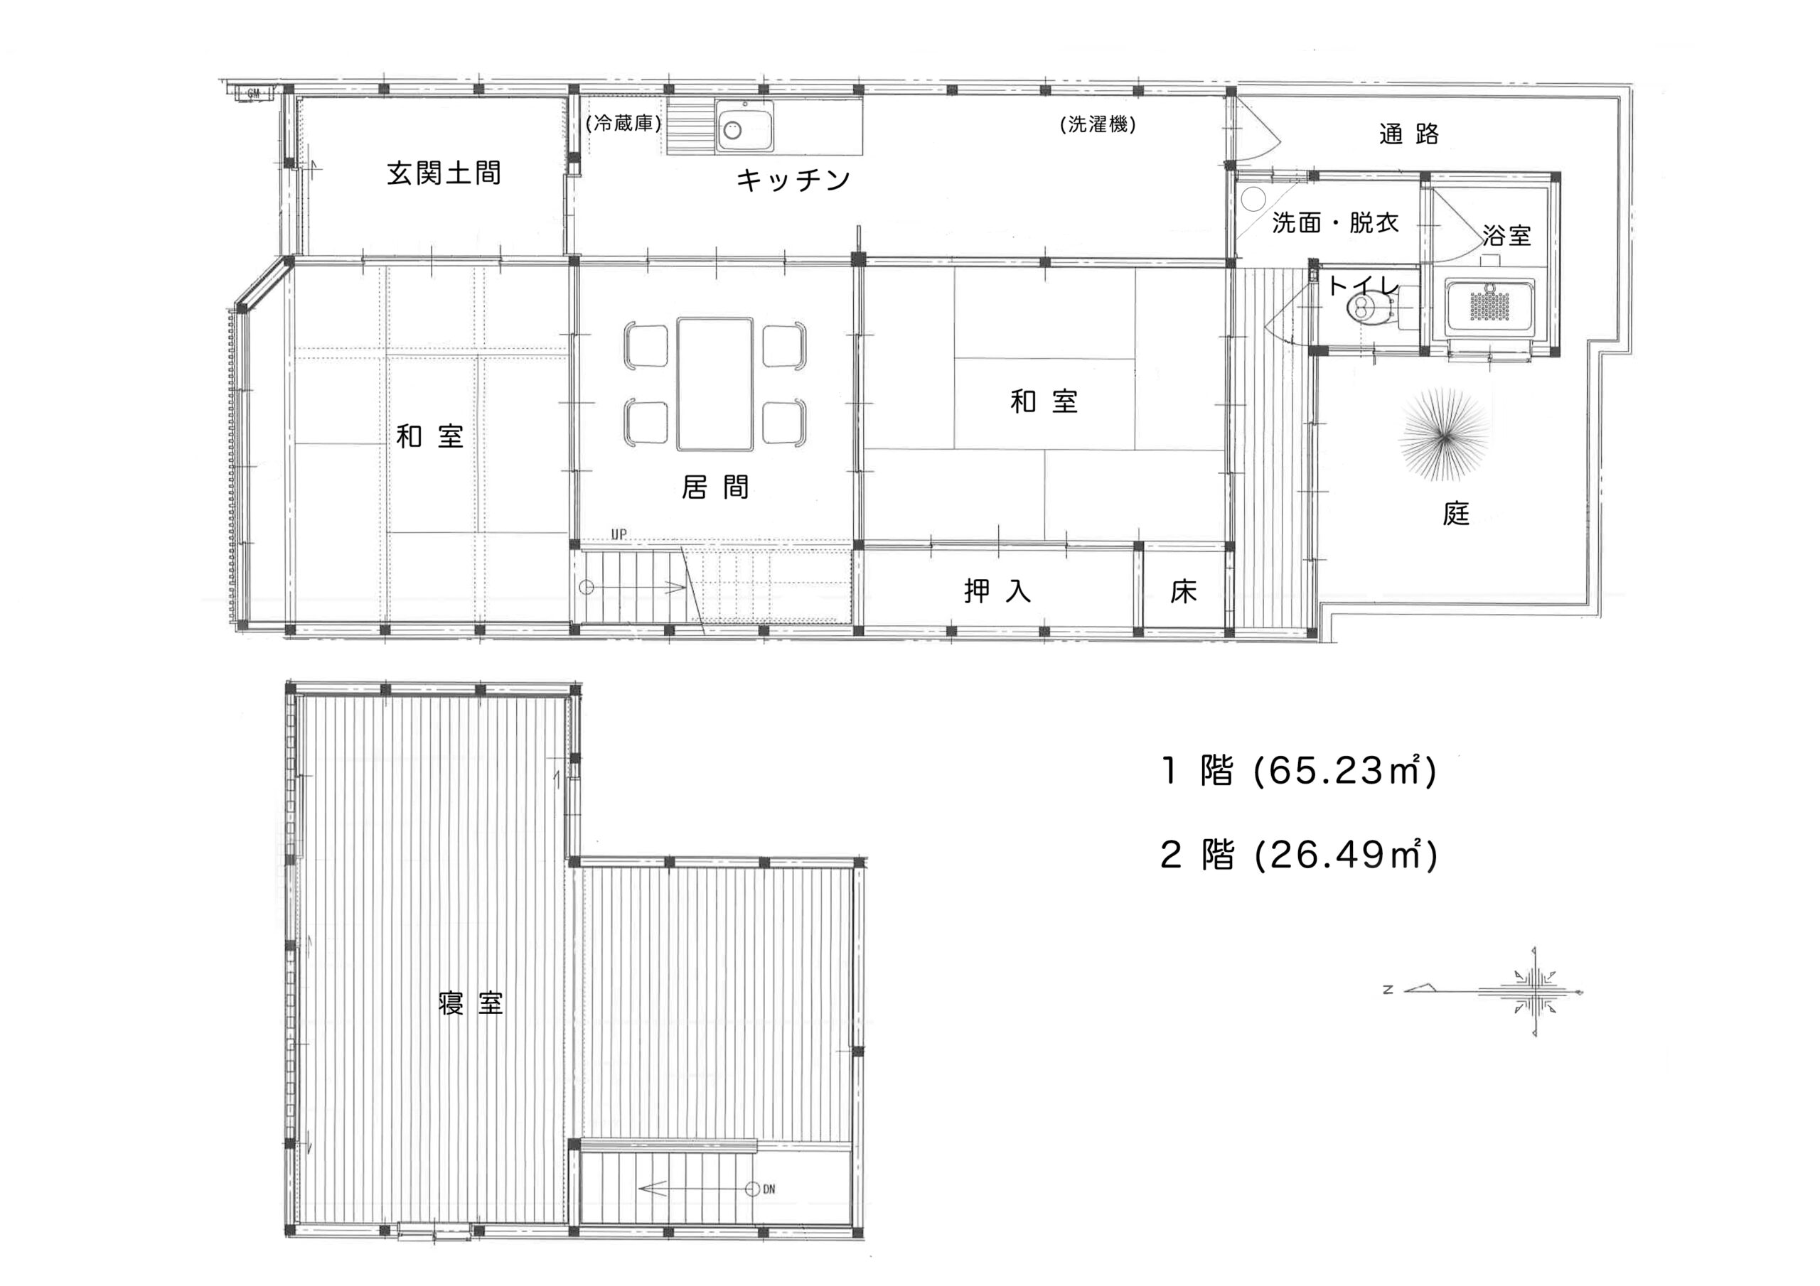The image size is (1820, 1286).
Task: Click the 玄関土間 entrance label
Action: (444, 173)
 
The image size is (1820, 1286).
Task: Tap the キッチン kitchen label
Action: (793, 180)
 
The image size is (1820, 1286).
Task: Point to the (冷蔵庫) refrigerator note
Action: (623, 124)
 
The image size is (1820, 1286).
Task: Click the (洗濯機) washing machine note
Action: (1098, 124)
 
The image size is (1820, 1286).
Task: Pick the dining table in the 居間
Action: (714, 384)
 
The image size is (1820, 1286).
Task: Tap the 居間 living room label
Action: (715, 487)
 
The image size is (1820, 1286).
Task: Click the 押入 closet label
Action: (997, 591)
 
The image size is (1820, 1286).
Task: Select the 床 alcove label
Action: (1183, 592)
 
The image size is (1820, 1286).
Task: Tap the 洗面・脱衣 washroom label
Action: (1336, 223)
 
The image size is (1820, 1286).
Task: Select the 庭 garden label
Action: (1456, 514)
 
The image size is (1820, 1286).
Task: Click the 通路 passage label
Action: (1408, 134)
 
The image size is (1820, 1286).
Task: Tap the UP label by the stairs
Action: (619, 535)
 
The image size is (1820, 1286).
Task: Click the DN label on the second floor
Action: (769, 1189)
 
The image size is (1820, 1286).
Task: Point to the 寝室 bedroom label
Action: (471, 1003)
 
